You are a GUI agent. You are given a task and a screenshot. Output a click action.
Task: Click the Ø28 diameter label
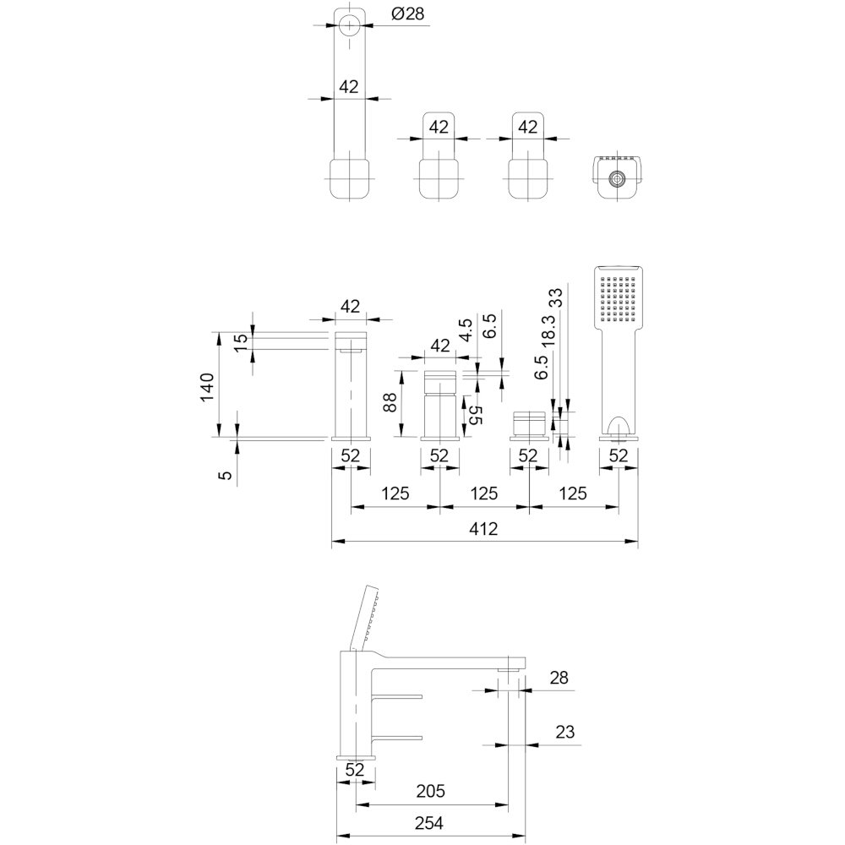pos(409,14)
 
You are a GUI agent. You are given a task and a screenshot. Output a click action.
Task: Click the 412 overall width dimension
pos(483,529)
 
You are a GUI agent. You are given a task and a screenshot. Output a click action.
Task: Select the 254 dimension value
pos(429,822)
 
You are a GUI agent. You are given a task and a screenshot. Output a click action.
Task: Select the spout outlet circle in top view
pos(349,25)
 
